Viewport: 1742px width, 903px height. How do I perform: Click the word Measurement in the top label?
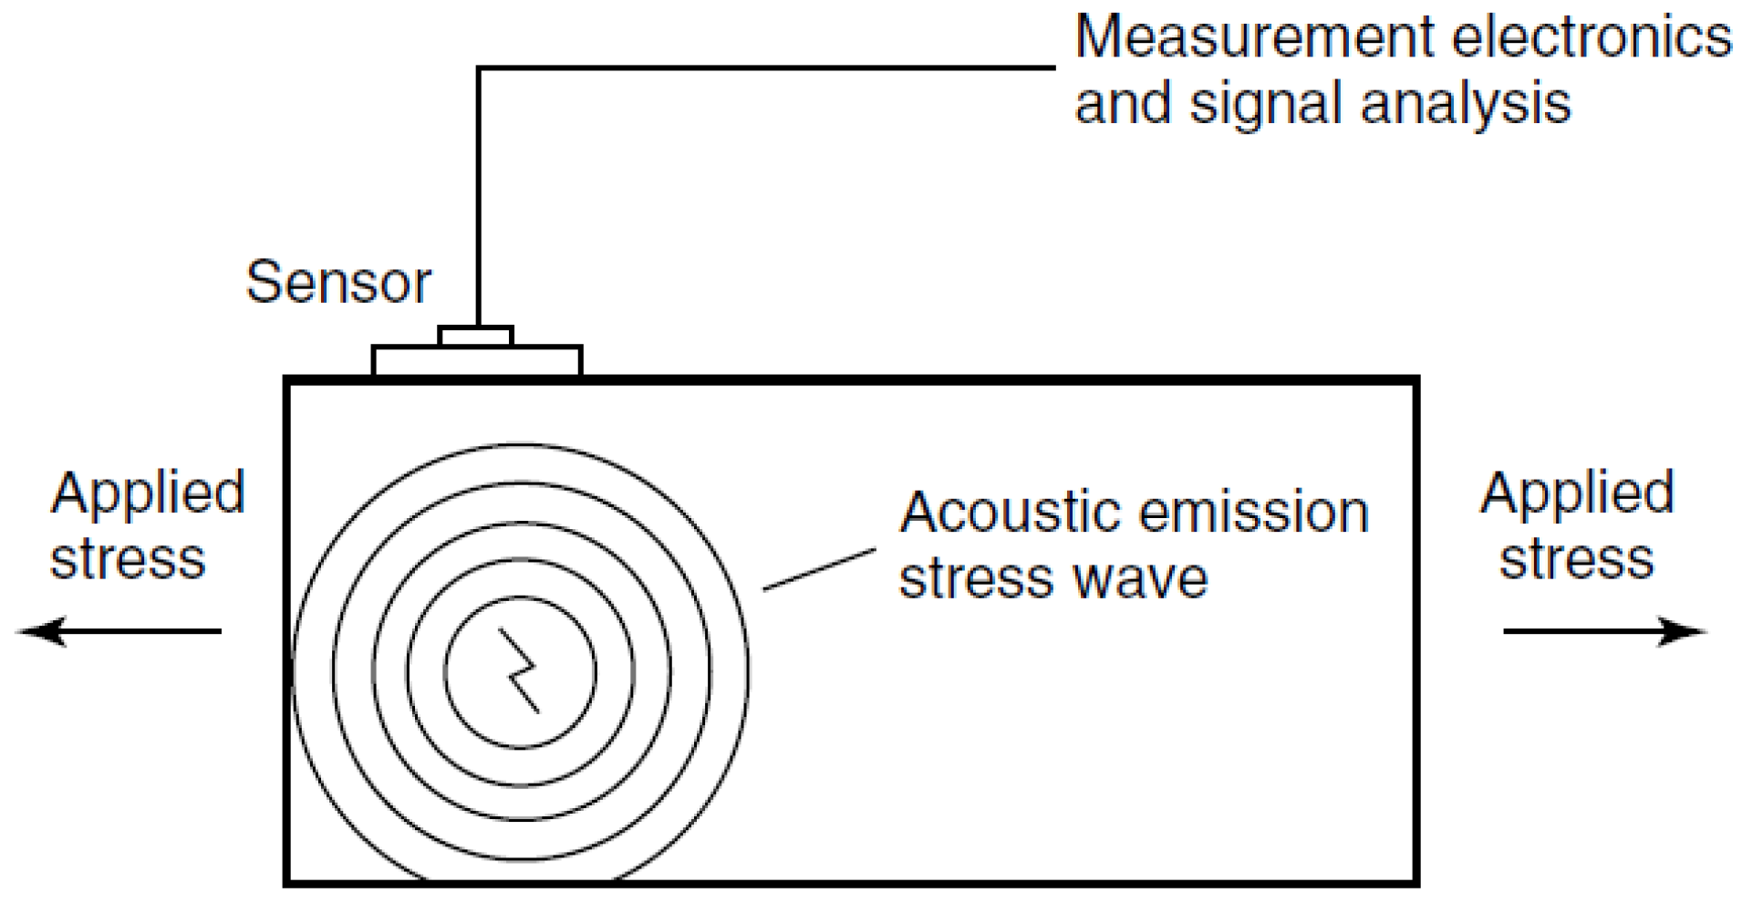click(1254, 38)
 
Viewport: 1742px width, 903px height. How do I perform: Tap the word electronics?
click(1591, 38)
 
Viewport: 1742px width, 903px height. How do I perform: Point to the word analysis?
click(1466, 104)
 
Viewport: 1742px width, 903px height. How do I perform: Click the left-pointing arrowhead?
click(41, 631)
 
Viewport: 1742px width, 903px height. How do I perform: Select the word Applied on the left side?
click(148, 493)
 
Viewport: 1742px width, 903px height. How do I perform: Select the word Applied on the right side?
click(1577, 493)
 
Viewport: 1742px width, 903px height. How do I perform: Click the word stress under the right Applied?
click(1577, 558)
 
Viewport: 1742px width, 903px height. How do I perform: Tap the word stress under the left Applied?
click(128, 558)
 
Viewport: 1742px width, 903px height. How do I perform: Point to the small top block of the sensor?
click(476, 337)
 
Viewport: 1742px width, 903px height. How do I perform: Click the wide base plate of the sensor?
click(476, 361)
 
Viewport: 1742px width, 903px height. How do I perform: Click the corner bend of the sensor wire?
click(479, 68)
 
